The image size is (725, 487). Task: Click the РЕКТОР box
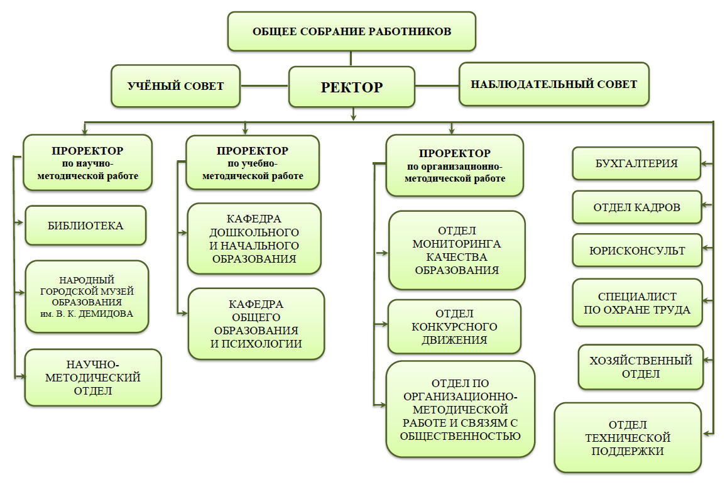coord(351,87)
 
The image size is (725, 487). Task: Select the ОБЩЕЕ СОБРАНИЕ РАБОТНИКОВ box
coord(351,31)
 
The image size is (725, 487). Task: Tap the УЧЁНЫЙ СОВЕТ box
coord(176,86)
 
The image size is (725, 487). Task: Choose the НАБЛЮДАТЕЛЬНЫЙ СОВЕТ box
coord(553,84)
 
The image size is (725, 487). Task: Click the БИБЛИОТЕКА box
coord(85,225)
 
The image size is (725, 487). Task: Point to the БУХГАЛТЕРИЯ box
coord(636,163)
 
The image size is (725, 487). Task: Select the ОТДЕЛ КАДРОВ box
coord(636,207)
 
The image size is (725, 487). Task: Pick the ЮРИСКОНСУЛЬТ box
coord(636,251)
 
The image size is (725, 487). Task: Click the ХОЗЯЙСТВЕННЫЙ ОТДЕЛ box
coord(640,367)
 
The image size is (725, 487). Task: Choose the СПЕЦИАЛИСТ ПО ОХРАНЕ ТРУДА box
coord(636,303)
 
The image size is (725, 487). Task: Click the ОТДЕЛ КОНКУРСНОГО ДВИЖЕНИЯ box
coord(454,327)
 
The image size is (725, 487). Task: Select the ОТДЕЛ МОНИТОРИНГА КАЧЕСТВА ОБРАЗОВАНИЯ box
coord(456,250)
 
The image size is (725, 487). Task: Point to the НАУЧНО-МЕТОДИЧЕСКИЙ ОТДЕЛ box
coord(92,377)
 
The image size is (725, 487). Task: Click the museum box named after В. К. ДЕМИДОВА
coord(87,297)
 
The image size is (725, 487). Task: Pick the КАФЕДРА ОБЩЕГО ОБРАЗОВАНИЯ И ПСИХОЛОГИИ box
coord(256,324)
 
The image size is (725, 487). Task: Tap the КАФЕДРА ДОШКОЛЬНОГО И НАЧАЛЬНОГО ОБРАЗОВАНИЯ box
coord(253,239)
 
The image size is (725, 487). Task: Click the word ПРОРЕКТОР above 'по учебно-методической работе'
coord(252,151)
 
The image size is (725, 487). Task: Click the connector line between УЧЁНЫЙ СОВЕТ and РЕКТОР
coord(264,85)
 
